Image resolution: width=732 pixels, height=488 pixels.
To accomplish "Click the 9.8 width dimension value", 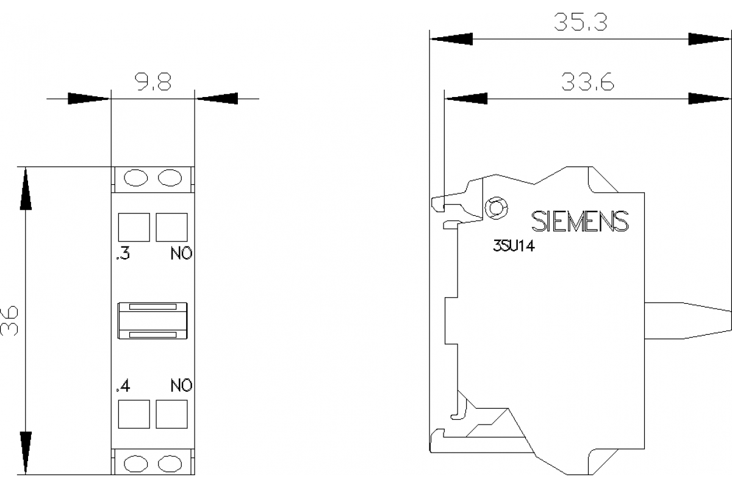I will click(x=152, y=83).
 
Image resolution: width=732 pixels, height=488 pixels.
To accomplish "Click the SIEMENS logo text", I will click(x=579, y=221).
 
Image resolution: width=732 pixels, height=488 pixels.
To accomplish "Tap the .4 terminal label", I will click(x=123, y=386).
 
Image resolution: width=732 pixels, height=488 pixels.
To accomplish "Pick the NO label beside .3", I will click(x=181, y=254).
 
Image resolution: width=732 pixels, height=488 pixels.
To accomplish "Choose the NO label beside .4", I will click(x=181, y=386).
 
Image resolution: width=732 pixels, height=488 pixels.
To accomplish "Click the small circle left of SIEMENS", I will click(x=496, y=209).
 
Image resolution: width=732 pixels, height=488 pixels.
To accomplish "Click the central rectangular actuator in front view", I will click(x=152, y=321).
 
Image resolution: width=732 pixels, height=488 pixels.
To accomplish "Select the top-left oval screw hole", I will click(x=136, y=178).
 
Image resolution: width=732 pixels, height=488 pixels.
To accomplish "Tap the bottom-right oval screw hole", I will click(x=170, y=464).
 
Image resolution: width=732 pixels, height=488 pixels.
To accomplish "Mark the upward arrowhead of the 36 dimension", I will click(x=25, y=188).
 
